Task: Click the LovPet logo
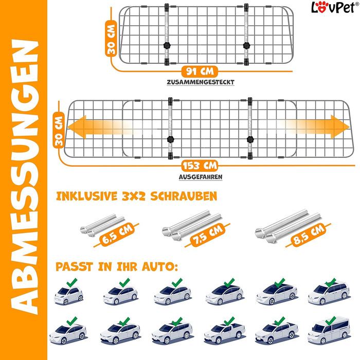pos(335,7)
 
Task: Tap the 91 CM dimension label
pos(200,71)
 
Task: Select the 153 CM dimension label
pos(200,166)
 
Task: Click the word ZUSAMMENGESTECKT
pos(201,82)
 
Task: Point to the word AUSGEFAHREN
pos(201,177)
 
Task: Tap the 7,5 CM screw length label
pos(208,235)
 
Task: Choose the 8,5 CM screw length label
pos(309,235)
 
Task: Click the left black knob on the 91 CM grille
pos(167,45)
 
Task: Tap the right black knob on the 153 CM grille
pos(250,139)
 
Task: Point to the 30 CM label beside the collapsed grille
pos(111,39)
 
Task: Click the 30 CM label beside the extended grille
pos(59,130)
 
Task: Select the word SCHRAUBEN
pos(184,196)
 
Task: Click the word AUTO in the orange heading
pos(160,267)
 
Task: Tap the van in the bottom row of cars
pos(329,330)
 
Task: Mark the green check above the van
pos(331,320)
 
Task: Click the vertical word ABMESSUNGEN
pos(24,177)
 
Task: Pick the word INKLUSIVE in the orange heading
pos(87,196)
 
